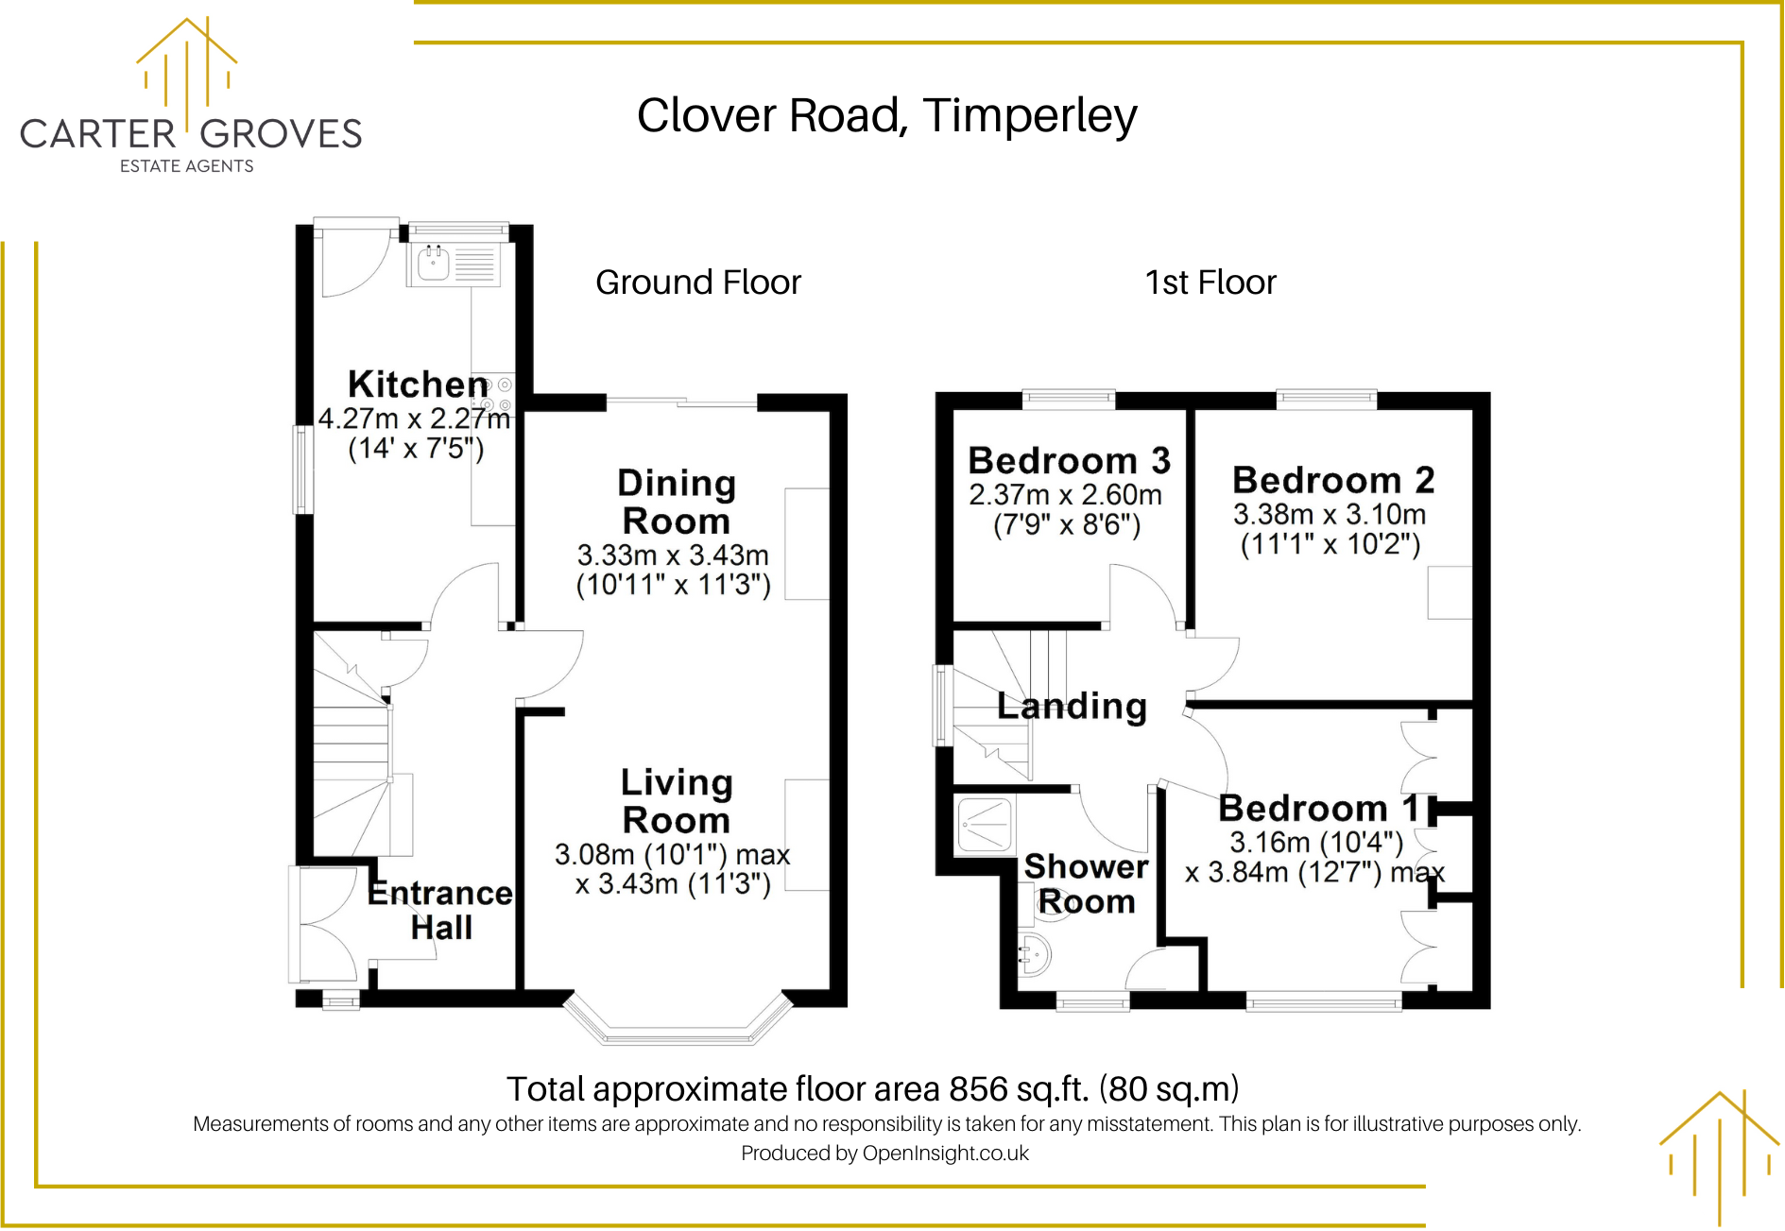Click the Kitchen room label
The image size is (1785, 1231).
(418, 385)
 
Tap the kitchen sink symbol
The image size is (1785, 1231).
(434, 264)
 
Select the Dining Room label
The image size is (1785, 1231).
(676, 502)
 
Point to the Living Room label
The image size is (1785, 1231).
(676, 801)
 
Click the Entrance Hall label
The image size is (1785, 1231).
(440, 910)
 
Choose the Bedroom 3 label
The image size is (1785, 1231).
(1069, 461)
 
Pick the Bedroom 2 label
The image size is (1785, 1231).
(1332, 481)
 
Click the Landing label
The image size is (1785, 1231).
(1072, 706)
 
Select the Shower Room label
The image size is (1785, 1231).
(1087, 883)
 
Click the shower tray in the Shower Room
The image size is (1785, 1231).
(985, 825)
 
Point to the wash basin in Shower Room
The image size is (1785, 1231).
(1034, 955)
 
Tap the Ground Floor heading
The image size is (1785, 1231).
(697, 282)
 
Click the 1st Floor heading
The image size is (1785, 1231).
(1210, 282)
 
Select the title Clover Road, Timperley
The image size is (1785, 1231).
(886, 116)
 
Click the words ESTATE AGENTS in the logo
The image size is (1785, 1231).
(186, 166)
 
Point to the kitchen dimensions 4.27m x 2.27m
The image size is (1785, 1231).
(414, 418)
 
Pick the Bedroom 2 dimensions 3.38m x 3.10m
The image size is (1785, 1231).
(1329, 515)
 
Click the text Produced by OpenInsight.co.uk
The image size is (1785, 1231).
(884, 1153)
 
